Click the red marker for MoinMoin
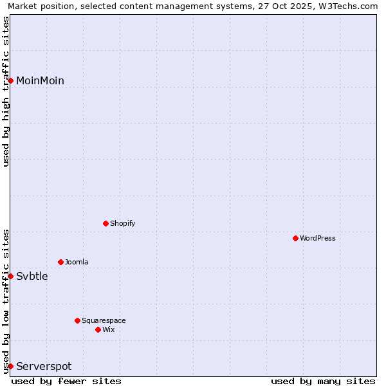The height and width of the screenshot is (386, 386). coord(11,80)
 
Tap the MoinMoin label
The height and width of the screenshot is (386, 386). coord(40,81)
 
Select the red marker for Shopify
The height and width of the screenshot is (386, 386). coord(106,223)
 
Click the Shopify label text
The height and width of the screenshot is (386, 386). coord(122,224)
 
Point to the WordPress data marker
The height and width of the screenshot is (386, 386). coord(296,238)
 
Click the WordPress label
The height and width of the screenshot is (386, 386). coord(318,239)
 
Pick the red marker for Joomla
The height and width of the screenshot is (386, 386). coord(61,262)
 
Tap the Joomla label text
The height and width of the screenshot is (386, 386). coord(77,262)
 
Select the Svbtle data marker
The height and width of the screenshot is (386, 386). coord(11,276)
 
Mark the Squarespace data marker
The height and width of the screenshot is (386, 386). coord(78,320)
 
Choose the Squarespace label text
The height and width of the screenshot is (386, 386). coord(104,321)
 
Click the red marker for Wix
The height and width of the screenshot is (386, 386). coord(98,329)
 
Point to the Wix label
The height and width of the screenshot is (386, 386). coord(109,330)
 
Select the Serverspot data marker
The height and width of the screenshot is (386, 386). coord(11,366)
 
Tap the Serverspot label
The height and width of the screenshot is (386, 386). coord(44,367)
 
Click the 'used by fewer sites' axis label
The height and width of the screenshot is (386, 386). coord(66,381)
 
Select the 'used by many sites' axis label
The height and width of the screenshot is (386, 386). coord(323,381)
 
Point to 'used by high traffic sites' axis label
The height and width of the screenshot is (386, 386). coord(6,91)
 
